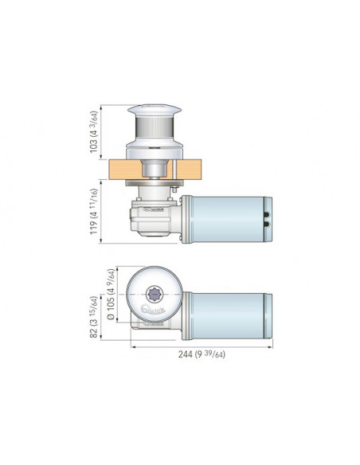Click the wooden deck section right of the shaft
click(189, 170)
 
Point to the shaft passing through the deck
click(154, 169)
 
